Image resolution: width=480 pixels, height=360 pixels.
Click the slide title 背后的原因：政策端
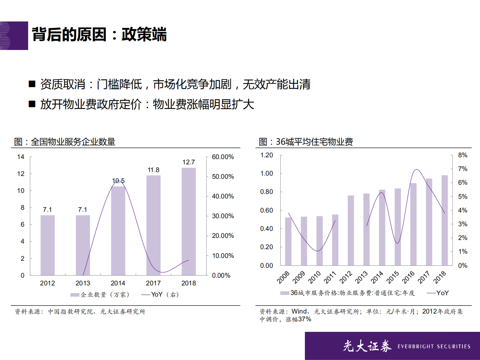[x=99, y=34]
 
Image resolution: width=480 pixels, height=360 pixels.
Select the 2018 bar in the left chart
[x=188, y=222]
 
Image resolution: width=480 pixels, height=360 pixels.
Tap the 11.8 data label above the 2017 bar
[x=153, y=170]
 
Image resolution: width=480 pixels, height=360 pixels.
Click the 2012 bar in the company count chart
[x=47, y=245]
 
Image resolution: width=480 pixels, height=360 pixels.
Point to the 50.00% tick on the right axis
[x=223, y=177]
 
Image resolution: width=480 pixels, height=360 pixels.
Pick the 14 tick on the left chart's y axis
[x=21, y=157]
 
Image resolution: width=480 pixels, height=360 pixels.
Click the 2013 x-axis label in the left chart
[x=83, y=283]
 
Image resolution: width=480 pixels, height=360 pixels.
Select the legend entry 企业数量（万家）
[x=100, y=295]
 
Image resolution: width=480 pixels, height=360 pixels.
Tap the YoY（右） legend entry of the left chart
[x=160, y=295]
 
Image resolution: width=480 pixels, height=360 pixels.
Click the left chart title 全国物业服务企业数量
[x=73, y=142]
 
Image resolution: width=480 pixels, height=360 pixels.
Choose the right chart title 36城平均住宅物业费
[x=314, y=142]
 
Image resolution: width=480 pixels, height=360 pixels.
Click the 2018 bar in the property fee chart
[x=444, y=220]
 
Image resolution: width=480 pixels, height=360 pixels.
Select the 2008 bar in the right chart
[x=288, y=241]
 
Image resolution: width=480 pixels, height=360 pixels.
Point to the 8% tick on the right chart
[x=462, y=155]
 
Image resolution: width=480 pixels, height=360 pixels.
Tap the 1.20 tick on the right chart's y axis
[x=267, y=155]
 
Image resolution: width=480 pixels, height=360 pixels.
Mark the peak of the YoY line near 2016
[x=417, y=170]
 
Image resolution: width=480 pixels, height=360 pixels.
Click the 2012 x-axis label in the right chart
[x=346, y=277]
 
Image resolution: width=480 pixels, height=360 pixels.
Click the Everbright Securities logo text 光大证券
[x=367, y=346]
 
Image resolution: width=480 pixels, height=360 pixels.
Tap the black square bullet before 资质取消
[x=32, y=84]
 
